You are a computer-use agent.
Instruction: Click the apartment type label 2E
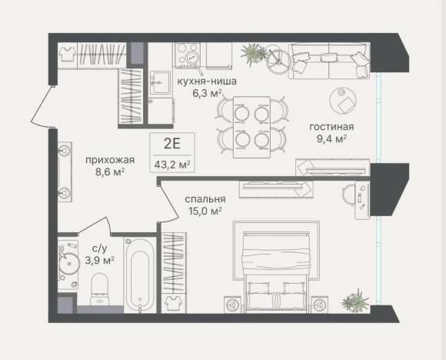(x=172, y=144)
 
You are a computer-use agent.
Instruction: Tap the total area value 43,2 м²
(x=172, y=165)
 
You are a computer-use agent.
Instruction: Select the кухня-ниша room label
(x=207, y=81)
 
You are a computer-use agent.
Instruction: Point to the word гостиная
(x=331, y=127)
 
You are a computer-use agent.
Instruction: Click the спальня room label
(x=205, y=199)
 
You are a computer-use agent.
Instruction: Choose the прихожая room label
(x=110, y=160)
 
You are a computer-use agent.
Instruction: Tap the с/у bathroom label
(x=99, y=248)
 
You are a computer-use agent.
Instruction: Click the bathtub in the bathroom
(x=140, y=275)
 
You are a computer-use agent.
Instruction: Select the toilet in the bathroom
(x=99, y=289)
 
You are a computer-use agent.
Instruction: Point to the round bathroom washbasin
(x=68, y=264)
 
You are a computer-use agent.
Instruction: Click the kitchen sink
(x=161, y=82)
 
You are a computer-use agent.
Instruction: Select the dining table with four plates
(x=251, y=127)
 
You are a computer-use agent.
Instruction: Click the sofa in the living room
(x=329, y=61)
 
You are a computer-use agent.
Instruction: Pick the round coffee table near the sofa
(x=343, y=101)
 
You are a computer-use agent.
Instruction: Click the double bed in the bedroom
(x=276, y=272)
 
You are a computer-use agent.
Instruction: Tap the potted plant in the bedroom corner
(x=355, y=301)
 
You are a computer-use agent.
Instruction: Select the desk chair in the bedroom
(x=348, y=195)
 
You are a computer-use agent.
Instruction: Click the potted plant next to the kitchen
(x=254, y=54)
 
